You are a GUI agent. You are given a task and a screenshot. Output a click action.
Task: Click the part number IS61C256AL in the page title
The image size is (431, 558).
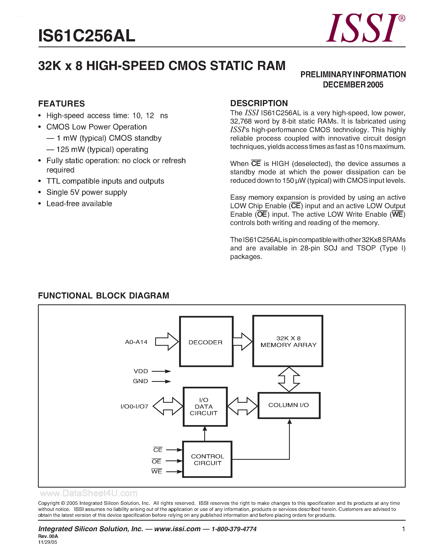click(87, 36)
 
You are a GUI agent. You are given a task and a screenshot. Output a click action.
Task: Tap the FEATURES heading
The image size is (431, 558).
click(61, 104)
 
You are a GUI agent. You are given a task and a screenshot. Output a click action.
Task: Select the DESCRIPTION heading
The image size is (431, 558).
click(259, 103)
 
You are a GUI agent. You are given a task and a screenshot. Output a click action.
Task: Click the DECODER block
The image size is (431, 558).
click(206, 341)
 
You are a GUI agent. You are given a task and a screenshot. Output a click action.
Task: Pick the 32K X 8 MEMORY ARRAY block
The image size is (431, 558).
click(288, 341)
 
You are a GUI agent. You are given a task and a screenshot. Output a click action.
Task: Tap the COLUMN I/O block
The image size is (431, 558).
click(289, 405)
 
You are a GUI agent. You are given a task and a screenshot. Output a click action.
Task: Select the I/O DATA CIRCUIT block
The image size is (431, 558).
click(205, 406)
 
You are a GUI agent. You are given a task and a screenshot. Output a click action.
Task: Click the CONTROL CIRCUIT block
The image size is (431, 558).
click(207, 459)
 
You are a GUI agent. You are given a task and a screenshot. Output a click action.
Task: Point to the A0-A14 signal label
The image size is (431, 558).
click(136, 342)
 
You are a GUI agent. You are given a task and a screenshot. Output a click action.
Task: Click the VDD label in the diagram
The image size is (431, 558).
click(141, 371)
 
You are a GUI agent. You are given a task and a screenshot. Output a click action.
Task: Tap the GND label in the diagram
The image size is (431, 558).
click(140, 381)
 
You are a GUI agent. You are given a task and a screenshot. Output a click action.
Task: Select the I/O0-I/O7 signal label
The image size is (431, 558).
click(134, 406)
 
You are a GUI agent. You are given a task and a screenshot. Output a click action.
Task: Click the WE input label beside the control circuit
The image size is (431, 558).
click(157, 471)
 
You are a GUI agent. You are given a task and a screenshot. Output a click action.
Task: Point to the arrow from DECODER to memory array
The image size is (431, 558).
click(243, 341)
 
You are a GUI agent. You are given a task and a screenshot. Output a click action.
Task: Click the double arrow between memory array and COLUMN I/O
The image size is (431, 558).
click(289, 379)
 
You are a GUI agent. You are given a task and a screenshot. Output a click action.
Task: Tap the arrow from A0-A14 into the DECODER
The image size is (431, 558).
click(167, 341)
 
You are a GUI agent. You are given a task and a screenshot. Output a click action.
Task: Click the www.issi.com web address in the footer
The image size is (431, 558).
click(177, 529)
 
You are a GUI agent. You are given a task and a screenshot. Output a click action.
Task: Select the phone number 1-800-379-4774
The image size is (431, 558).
click(234, 529)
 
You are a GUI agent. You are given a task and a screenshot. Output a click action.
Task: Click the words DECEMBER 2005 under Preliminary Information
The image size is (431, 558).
click(353, 85)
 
